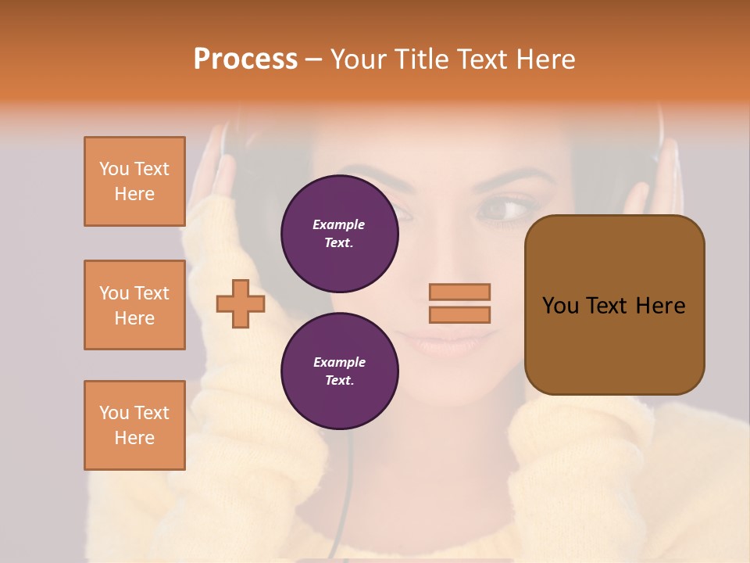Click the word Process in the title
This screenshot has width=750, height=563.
[245, 59]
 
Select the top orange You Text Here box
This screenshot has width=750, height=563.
[134, 181]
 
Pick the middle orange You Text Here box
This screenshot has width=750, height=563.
[134, 305]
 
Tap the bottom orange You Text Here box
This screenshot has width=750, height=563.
[134, 425]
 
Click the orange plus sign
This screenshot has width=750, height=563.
[240, 303]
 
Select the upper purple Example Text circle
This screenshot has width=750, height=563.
[339, 233]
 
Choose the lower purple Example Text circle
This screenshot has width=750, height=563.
[339, 371]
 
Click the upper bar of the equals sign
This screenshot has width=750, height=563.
[459, 292]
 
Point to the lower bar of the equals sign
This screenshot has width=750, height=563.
[459, 314]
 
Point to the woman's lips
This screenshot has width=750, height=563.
[445, 341]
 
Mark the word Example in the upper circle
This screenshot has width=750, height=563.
[338, 224]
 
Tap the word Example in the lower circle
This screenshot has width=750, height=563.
[338, 362]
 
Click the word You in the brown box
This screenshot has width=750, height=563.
[560, 306]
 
